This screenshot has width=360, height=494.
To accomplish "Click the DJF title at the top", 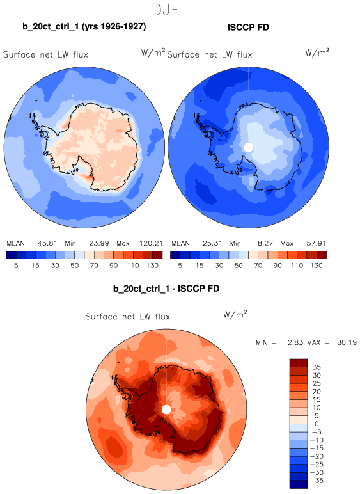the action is point(166,10).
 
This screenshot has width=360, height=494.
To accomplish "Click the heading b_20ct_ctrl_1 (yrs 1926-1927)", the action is point(84,26).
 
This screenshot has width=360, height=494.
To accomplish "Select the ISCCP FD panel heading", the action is point(248,27).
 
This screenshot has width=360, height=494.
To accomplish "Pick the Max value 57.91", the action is point(317,243).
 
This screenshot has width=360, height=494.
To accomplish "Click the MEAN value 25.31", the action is point(212,243).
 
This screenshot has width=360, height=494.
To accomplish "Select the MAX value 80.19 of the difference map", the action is point(347,342).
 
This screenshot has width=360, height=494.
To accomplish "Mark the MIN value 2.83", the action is point(295,342).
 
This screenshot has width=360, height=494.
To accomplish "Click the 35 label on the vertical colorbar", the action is point(317,367).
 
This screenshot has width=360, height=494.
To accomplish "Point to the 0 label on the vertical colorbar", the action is point(317,424).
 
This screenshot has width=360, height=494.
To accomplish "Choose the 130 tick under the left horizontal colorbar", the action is point(152,266).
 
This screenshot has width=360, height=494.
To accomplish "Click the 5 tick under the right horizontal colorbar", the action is point(180,266).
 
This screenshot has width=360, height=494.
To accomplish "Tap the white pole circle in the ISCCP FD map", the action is point(248,147).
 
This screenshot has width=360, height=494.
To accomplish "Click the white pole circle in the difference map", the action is point(166,410).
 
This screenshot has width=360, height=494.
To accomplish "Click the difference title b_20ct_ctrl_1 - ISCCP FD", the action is point(166,288).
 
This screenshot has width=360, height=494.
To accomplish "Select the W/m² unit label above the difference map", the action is point(235,314).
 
